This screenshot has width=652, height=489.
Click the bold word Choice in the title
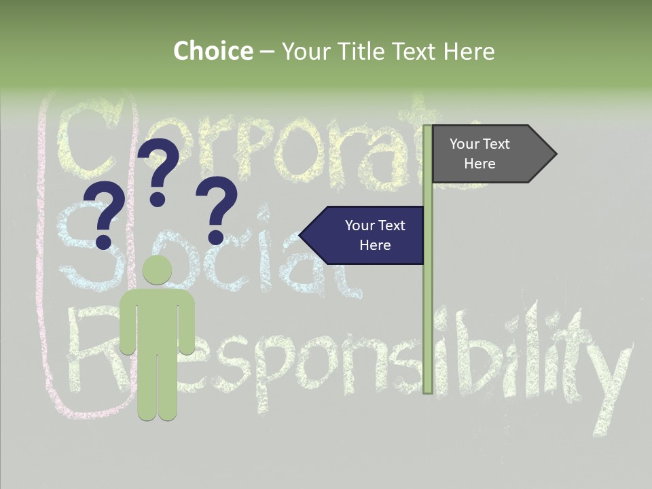coord(213,51)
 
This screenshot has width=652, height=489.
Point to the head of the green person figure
coord(158,270)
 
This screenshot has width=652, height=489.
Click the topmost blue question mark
coord(160,170)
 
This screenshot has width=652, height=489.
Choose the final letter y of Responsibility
coord(608,380)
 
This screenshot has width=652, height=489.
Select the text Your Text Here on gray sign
coord(479,154)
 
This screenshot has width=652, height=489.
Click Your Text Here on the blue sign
coord(375,235)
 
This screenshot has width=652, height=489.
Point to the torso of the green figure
coord(158,319)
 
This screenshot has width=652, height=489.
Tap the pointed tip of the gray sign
coord(555,154)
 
